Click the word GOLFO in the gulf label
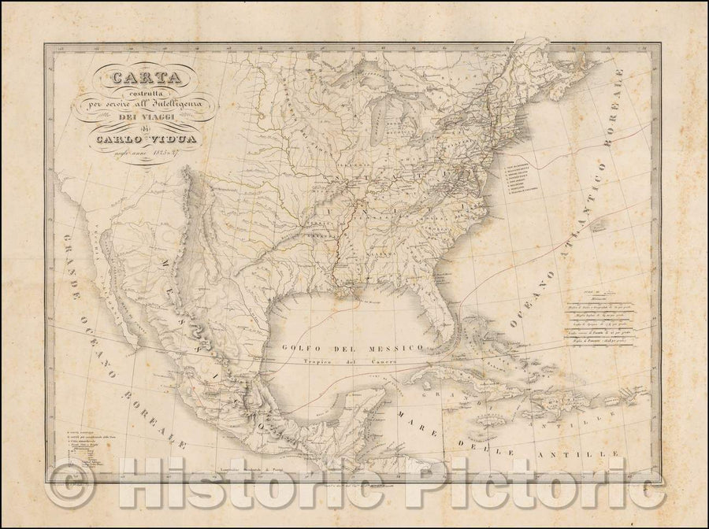pos(307,347)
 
